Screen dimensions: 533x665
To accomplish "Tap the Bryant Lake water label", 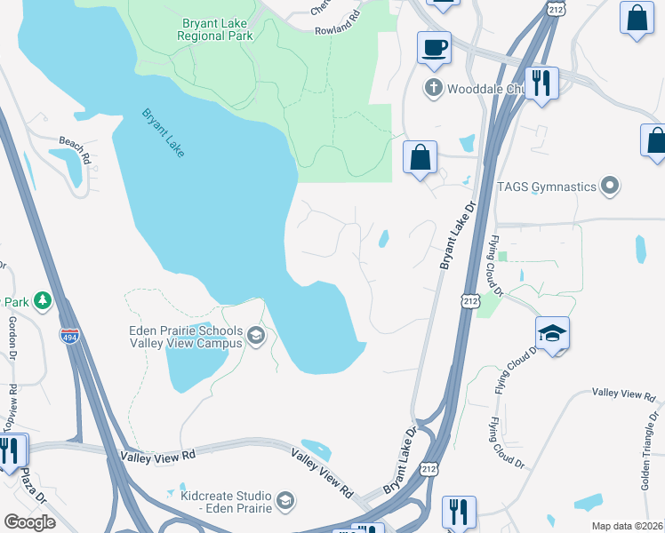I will coord(164,132).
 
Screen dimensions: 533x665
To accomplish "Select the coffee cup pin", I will coord(434,48).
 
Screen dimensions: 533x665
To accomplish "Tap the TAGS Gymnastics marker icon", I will coord(609,187).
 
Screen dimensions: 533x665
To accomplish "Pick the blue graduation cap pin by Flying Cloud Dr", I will coord(552,334).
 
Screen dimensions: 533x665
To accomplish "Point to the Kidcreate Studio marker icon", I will coord(284,500).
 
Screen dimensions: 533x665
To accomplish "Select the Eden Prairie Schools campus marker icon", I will coord(255,335).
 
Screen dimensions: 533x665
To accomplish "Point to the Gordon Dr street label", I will coord(12,338).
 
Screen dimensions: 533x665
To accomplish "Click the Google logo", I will coord(29,522).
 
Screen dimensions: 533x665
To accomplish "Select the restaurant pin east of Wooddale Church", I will coord(540,84).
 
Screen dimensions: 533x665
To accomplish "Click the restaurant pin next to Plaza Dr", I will coord(11,449).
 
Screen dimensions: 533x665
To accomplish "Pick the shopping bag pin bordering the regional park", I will coord(420,157).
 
